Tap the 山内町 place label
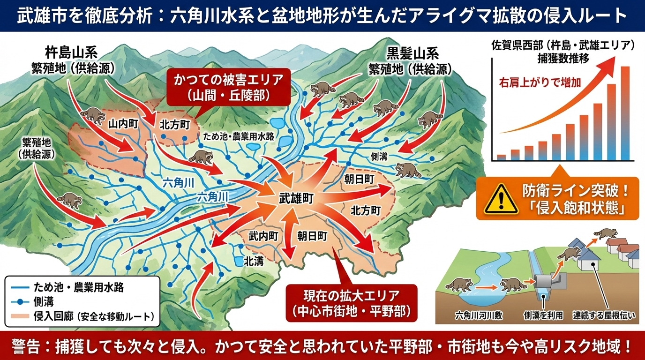pyautogui.click(x=123, y=124)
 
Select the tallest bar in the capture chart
pyautogui.click(x=625, y=113)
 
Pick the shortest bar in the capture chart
pyautogui.click(x=501, y=157)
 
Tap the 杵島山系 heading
pyautogui.click(x=72, y=52)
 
